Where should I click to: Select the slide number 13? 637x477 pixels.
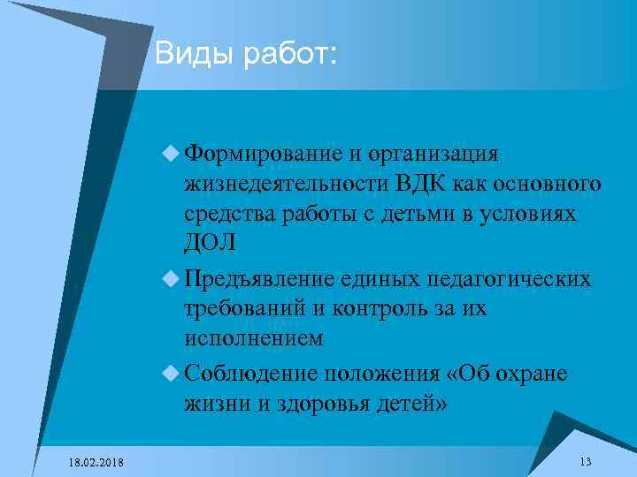coord(585,462)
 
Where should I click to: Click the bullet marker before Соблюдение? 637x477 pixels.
coord(171,375)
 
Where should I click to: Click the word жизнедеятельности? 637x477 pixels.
coord(285,185)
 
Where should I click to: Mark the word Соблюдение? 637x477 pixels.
coord(250,374)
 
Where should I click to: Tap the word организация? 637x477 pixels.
coord(436,155)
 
